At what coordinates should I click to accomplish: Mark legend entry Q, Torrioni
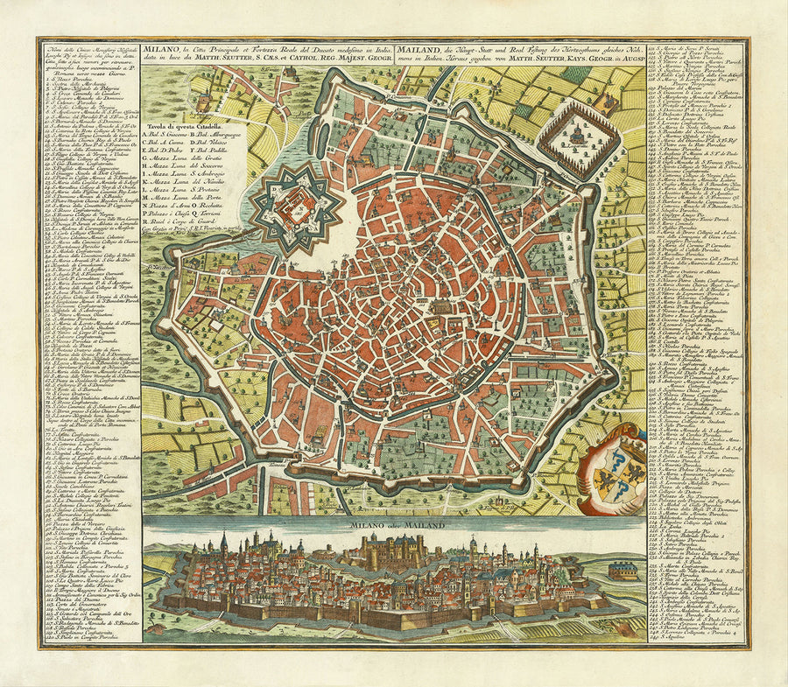click(226, 214)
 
